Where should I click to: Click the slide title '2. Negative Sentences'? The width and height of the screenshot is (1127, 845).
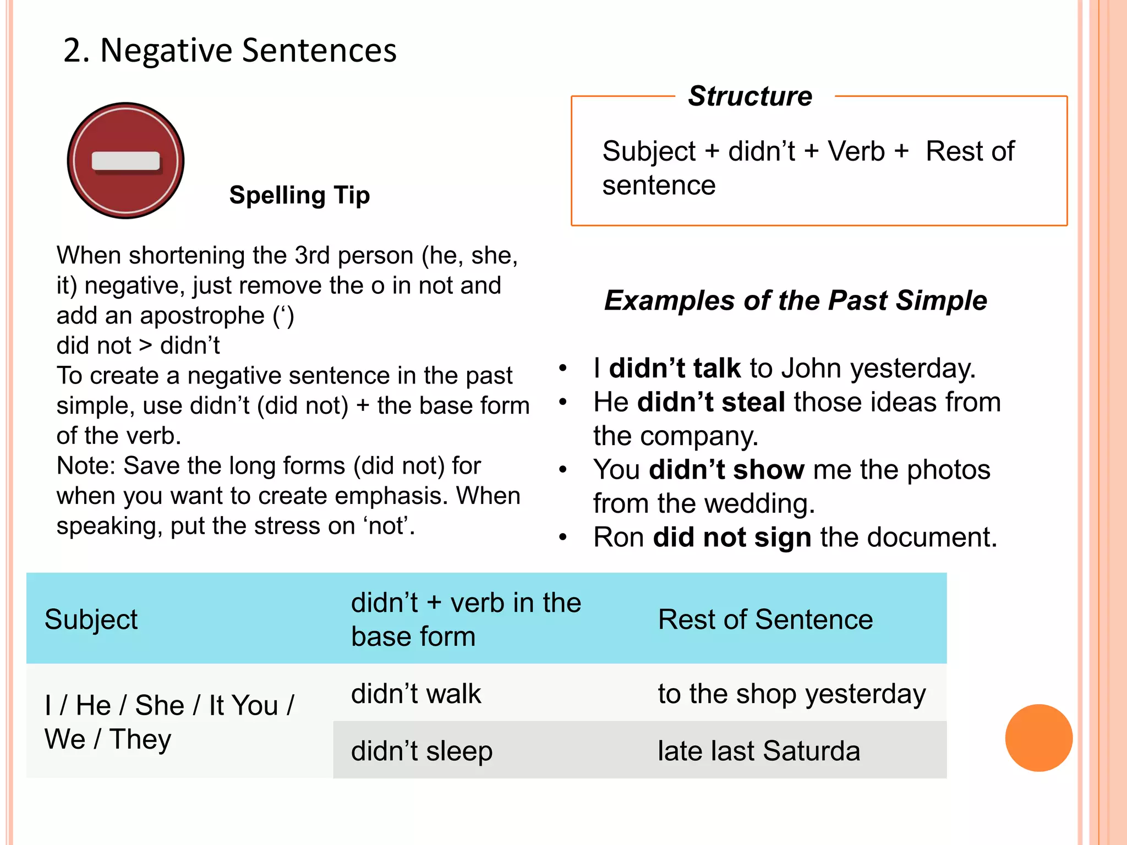click(x=230, y=51)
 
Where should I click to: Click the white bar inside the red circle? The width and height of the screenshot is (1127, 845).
click(x=125, y=161)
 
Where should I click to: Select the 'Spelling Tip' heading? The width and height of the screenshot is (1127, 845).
click(x=299, y=195)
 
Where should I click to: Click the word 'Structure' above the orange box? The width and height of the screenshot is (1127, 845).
click(x=750, y=96)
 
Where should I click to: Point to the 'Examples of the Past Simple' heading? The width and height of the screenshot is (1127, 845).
click(x=795, y=300)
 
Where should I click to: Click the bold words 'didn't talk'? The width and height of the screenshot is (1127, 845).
click(x=675, y=368)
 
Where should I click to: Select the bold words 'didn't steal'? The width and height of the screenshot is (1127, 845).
click(x=711, y=402)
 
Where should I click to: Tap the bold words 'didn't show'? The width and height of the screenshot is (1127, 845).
click(x=726, y=470)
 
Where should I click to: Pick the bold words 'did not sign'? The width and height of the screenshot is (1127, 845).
click(x=732, y=537)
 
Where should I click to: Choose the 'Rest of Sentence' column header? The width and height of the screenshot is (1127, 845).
click(x=765, y=619)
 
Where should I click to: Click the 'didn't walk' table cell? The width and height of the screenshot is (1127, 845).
click(x=416, y=694)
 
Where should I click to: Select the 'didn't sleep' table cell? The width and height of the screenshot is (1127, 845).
click(x=422, y=751)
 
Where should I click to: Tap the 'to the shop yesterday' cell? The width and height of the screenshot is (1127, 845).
click(x=791, y=694)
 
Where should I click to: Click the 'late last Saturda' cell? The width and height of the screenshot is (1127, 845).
click(x=758, y=751)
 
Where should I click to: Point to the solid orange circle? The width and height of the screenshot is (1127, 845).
click(x=1038, y=738)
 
